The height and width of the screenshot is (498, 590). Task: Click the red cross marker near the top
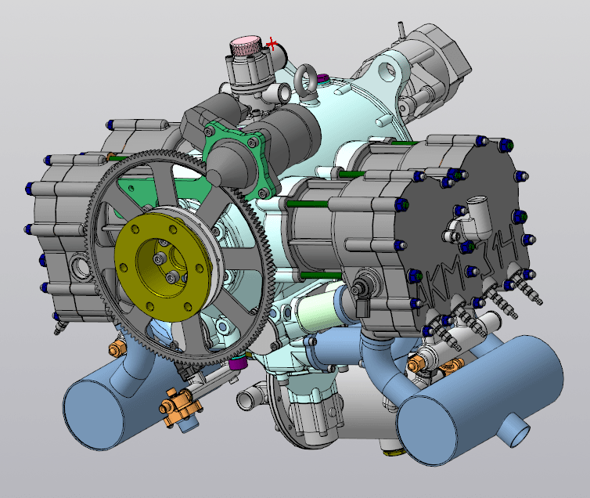point(272,44)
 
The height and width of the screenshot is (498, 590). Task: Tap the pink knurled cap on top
point(246,44)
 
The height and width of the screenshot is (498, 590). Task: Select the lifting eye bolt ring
point(306,78)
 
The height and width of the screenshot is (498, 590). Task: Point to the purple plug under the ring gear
point(239,363)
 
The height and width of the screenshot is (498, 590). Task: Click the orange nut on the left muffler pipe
point(117,345)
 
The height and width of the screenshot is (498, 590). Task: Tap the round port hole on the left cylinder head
point(80,266)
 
